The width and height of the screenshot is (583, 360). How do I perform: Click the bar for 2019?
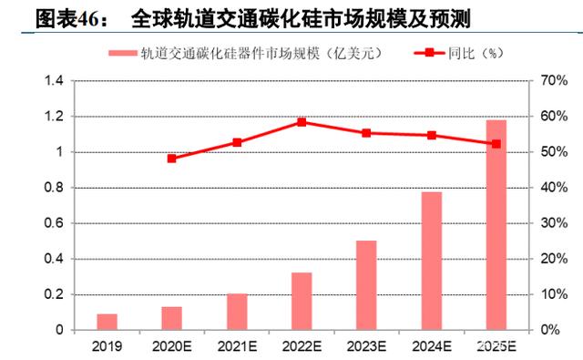pyautogui.click(x=107, y=322)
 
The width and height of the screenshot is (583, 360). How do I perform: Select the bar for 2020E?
pyautogui.click(x=172, y=318)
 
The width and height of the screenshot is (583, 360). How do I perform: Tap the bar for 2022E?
pyautogui.click(x=302, y=302)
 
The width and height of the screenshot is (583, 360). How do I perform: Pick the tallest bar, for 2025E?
pyautogui.click(x=496, y=225)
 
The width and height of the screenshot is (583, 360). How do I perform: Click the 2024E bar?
pyautogui.click(x=432, y=261)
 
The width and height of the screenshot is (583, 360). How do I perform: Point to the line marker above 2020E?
pyautogui.click(x=172, y=159)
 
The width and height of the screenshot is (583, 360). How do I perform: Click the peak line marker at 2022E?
pyautogui.click(x=302, y=122)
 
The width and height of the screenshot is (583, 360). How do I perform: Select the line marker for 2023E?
pyautogui.click(x=366, y=133)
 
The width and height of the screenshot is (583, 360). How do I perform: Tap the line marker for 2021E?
pyautogui.click(x=237, y=142)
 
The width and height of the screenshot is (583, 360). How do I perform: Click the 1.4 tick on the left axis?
pyautogui.click(x=54, y=80)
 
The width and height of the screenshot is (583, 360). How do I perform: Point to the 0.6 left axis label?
pyautogui.click(x=54, y=223)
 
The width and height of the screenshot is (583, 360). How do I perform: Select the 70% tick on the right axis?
pyautogui.click(x=554, y=80)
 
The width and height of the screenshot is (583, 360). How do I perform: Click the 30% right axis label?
pyautogui.click(x=554, y=223)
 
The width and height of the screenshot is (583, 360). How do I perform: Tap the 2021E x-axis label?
pyautogui.click(x=237, y=346)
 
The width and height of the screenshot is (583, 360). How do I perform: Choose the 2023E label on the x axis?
pyautogui.click(x=366, y=346)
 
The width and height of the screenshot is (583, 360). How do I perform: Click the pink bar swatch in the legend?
pyautogui.click(x=123, y=53)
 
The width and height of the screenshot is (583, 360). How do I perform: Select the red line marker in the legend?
pyautogui.click(x=429, y=53)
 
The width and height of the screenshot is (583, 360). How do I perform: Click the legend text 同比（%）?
pyautogui.click(x=476, y=53)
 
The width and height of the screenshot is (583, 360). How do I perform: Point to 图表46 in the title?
pyautogui.click(x=69, y=18)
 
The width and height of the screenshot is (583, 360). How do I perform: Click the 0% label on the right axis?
pyautogui.click(x=549, y=330)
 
